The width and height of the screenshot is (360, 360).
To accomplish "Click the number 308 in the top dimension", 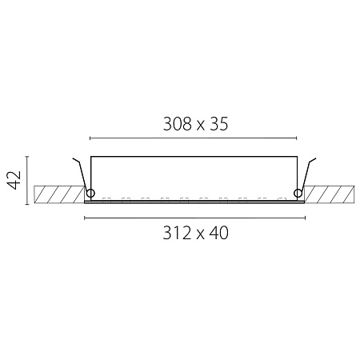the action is (x=178, y=124).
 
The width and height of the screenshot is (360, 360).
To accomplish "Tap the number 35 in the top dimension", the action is (x=219, y=124).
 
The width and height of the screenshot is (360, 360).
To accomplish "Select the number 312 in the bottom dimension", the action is (x=177, y=233).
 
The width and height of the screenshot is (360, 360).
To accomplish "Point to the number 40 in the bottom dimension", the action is (x=219, y=233).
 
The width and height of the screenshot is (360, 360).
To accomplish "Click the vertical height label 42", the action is (x=14, y=180).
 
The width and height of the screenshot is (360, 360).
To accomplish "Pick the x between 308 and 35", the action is (x=201, y=126).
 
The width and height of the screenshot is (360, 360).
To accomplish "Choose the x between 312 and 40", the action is (x=201, y=235).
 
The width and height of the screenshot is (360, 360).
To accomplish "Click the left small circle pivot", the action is (x=90, y=193).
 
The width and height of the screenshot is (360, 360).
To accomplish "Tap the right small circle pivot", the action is (x=298, y=193).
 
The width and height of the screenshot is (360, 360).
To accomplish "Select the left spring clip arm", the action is (x=82, y=174).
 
